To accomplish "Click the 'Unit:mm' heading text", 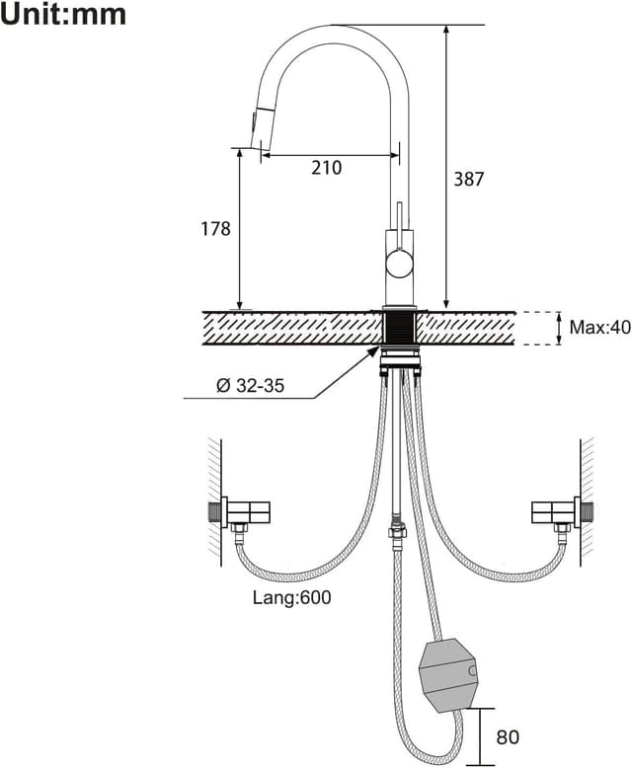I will (x=64, y=15).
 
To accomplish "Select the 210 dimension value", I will (x=326, y=168).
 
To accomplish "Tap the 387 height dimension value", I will (x=469, y=179).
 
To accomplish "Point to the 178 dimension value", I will (x=214, y=229).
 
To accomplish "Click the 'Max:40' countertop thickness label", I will (x=599, y=328).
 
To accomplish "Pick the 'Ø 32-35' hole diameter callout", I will (x=250, y=386).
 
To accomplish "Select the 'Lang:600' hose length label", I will (x=291, y=597).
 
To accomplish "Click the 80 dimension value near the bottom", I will (x=508, y=736).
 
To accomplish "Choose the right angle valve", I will (x=555, y=511).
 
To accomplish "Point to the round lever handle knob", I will (x=399, y=263).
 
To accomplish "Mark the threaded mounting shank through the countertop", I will (x=400, y=328).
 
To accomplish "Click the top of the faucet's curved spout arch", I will (x=336, y=28).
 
